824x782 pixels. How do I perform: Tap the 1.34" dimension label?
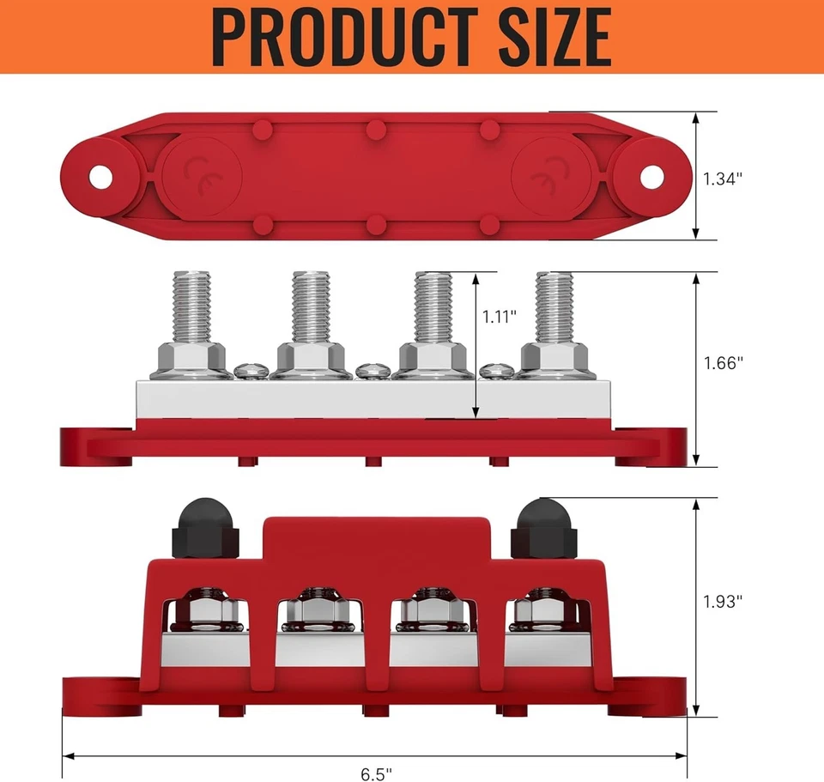click(722, 179)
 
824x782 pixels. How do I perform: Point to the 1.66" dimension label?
click(722, 362)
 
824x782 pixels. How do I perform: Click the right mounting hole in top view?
click(652, 177)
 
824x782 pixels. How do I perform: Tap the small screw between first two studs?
click(247, 370)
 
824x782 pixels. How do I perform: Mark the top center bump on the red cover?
click(374, 129)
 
